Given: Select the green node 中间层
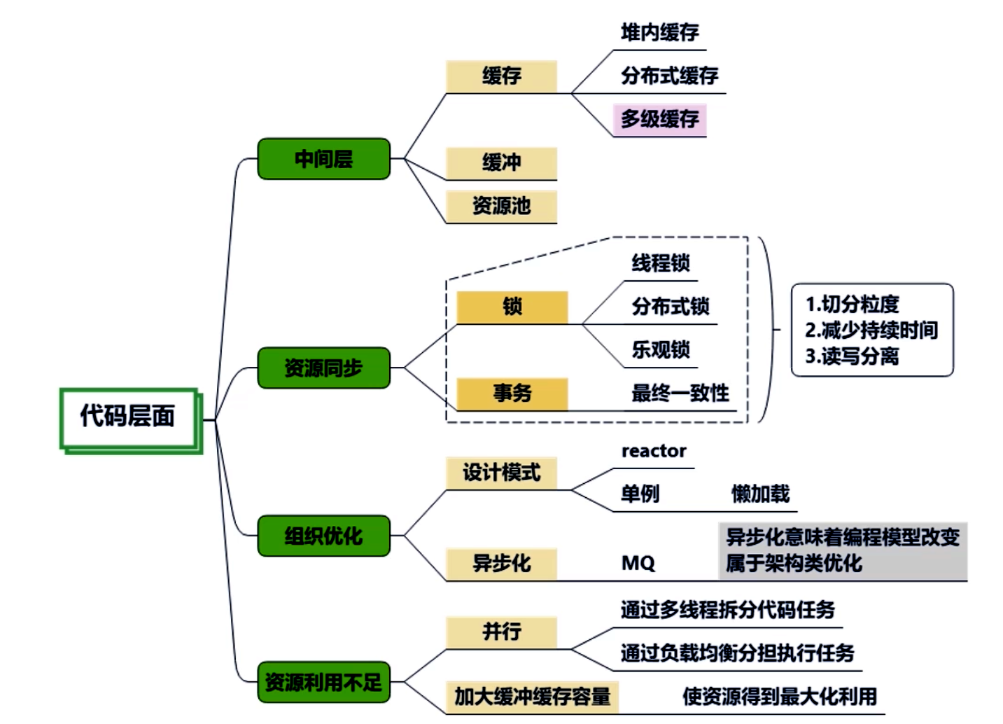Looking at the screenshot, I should pos(323,159).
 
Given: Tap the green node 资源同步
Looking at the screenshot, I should pos(323,368).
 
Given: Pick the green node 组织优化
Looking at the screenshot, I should pos(323,536).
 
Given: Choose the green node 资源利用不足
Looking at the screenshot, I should pos(323,682).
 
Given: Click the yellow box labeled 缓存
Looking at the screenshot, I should pos(501,76).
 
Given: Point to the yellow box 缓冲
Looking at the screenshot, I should pos(501,162).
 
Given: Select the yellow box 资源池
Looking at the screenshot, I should pos(501,206).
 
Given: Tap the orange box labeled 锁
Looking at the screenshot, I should pos(512,307).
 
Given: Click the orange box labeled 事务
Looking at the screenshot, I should pos(512,393).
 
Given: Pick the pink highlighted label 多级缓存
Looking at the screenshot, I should pos(659,119).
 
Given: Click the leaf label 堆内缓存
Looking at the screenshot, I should pos(659,32).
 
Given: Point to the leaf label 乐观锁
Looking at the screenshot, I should pos(661,349).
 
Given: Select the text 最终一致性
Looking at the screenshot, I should pos(680,393).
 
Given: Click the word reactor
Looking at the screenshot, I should pos(654,451).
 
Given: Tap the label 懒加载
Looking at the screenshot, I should pos(760,494).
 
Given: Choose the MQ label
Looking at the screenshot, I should pos(638,563).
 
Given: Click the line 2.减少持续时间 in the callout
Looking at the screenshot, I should pos(871,330).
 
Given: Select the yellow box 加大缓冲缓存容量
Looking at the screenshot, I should pos(532,697).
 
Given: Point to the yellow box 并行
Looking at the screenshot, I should pos(501,632).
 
